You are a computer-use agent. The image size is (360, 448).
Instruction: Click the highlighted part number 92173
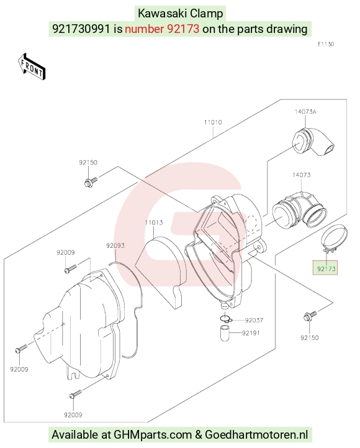326,268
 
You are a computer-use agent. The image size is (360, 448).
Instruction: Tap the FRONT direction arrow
32,66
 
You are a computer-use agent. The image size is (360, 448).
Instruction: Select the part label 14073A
305,112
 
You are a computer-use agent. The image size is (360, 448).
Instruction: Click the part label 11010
213,122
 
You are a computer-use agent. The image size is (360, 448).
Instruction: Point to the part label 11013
154,222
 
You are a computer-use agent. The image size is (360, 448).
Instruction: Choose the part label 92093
115,245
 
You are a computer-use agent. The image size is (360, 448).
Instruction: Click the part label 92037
254,320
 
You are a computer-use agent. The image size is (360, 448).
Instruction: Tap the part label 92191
251,333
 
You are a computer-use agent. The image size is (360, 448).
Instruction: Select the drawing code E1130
326,44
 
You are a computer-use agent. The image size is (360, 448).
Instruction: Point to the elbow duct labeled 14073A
313,142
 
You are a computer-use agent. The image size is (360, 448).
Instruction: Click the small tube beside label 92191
225,333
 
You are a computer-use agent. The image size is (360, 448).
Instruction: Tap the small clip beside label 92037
226,318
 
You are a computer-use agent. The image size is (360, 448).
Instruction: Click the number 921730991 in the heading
81,29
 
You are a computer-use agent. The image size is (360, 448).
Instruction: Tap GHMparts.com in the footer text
153,434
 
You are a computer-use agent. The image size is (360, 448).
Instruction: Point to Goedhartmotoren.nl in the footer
256,434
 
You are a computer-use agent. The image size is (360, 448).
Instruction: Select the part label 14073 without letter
302,175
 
